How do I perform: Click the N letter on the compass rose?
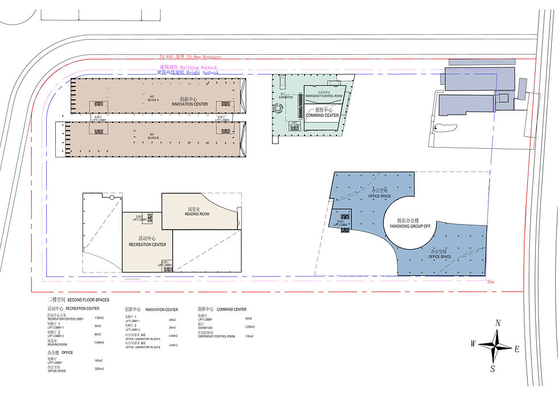[x=498, y=323]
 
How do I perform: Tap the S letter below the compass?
[x=493, y=369]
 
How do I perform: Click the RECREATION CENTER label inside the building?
[x=147, y=244]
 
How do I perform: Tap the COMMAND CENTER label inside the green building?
[x=322, y=115]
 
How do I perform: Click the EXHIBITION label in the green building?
[x=285, y=97]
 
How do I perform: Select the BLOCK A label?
[x=152, y=99]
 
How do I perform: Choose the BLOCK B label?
[x=153, y=137]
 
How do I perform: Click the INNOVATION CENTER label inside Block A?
[x=189, y=104]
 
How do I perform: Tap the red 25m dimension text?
[x=491, y=282]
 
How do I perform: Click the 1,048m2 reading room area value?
[x=99, y=343]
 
